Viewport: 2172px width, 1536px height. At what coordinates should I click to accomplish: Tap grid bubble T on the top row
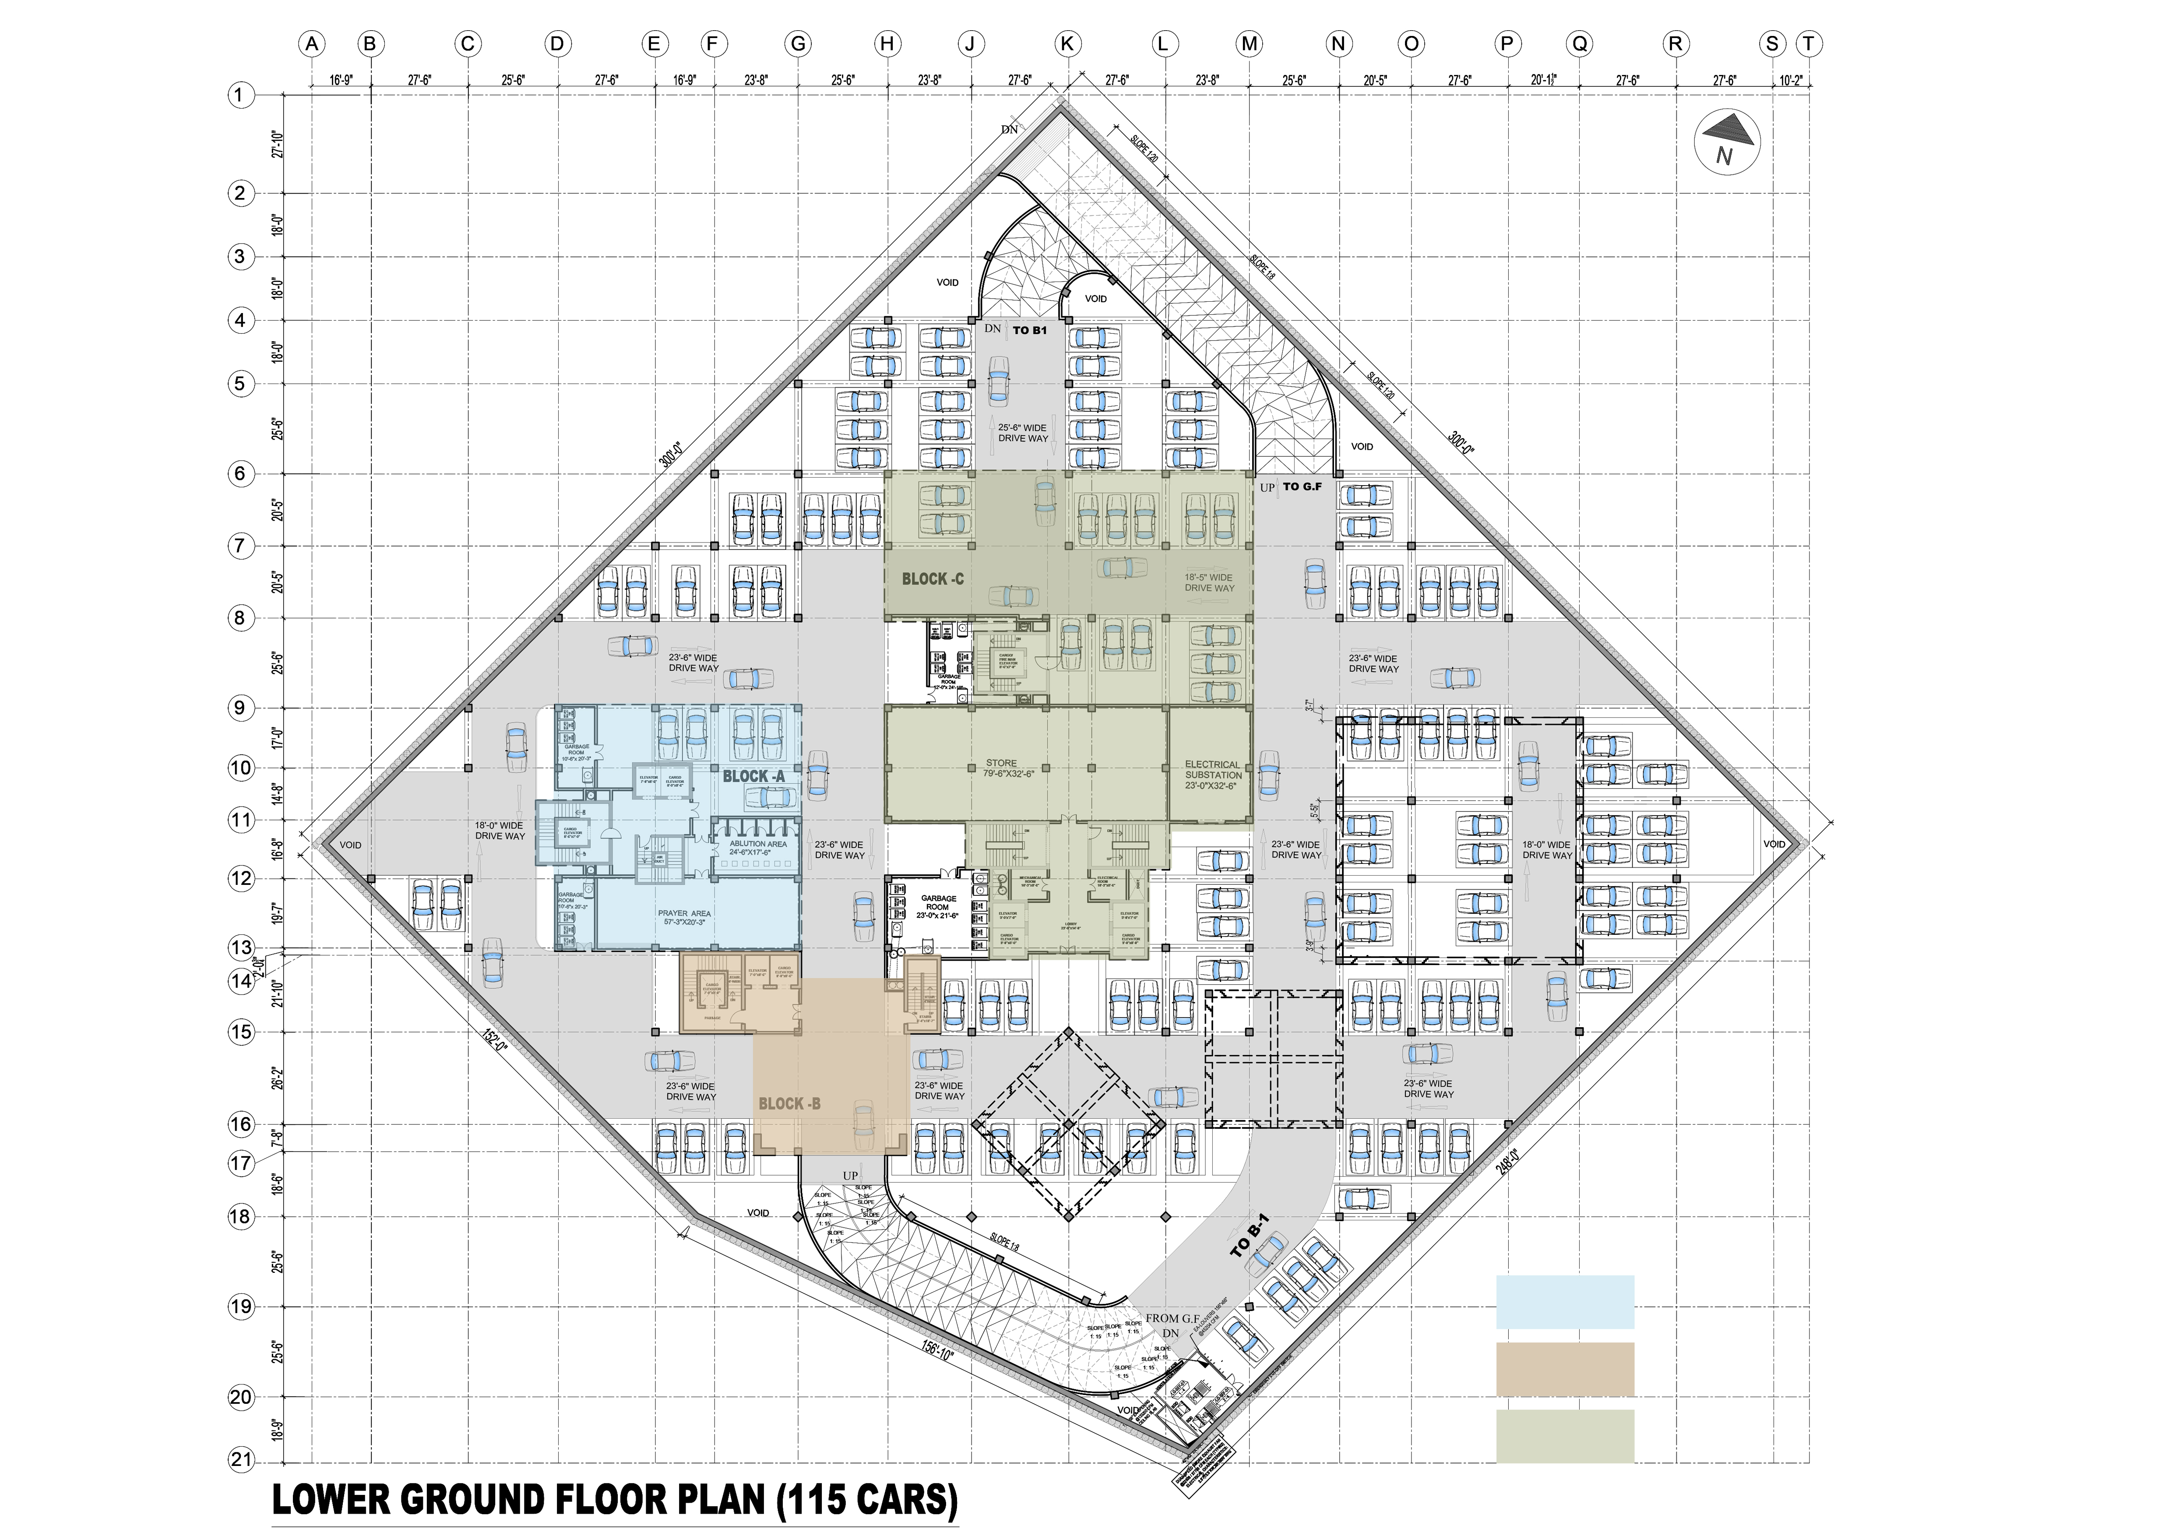(x=1808, y=43)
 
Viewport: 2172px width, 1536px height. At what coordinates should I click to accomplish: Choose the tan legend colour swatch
(x=1565, y=1369)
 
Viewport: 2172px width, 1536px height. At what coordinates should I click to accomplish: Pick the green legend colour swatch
(x=1565, y=1436)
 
